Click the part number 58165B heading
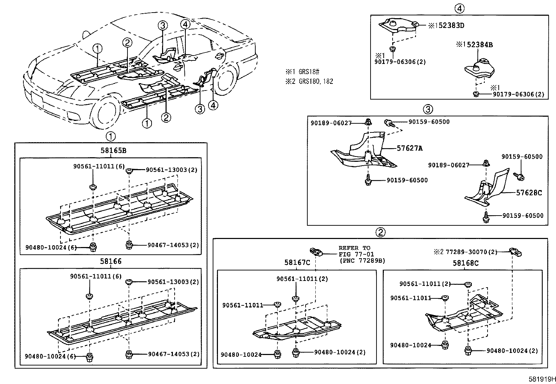click(x=113, y=151)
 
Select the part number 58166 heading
click(x=111, y=261)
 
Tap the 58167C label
click(x=297, y=262)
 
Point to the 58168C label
click(x=466, y=263)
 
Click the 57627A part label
click(x=409, y=148)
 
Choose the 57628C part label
click(x=529, y=193)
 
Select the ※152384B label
click(x=474, y=45)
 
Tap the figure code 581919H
click(x=542, y=379)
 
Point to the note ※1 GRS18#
click(x=302, y=72)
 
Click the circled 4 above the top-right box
click(x=460, y=8)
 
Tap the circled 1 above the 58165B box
click(x=110, y=136)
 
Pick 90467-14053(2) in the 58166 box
click(x=174, y=354)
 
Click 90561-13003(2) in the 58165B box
click(x=171, y=170)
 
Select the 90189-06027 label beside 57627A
click(x=331, y=123)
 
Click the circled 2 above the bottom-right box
click(x=380, y=232)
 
